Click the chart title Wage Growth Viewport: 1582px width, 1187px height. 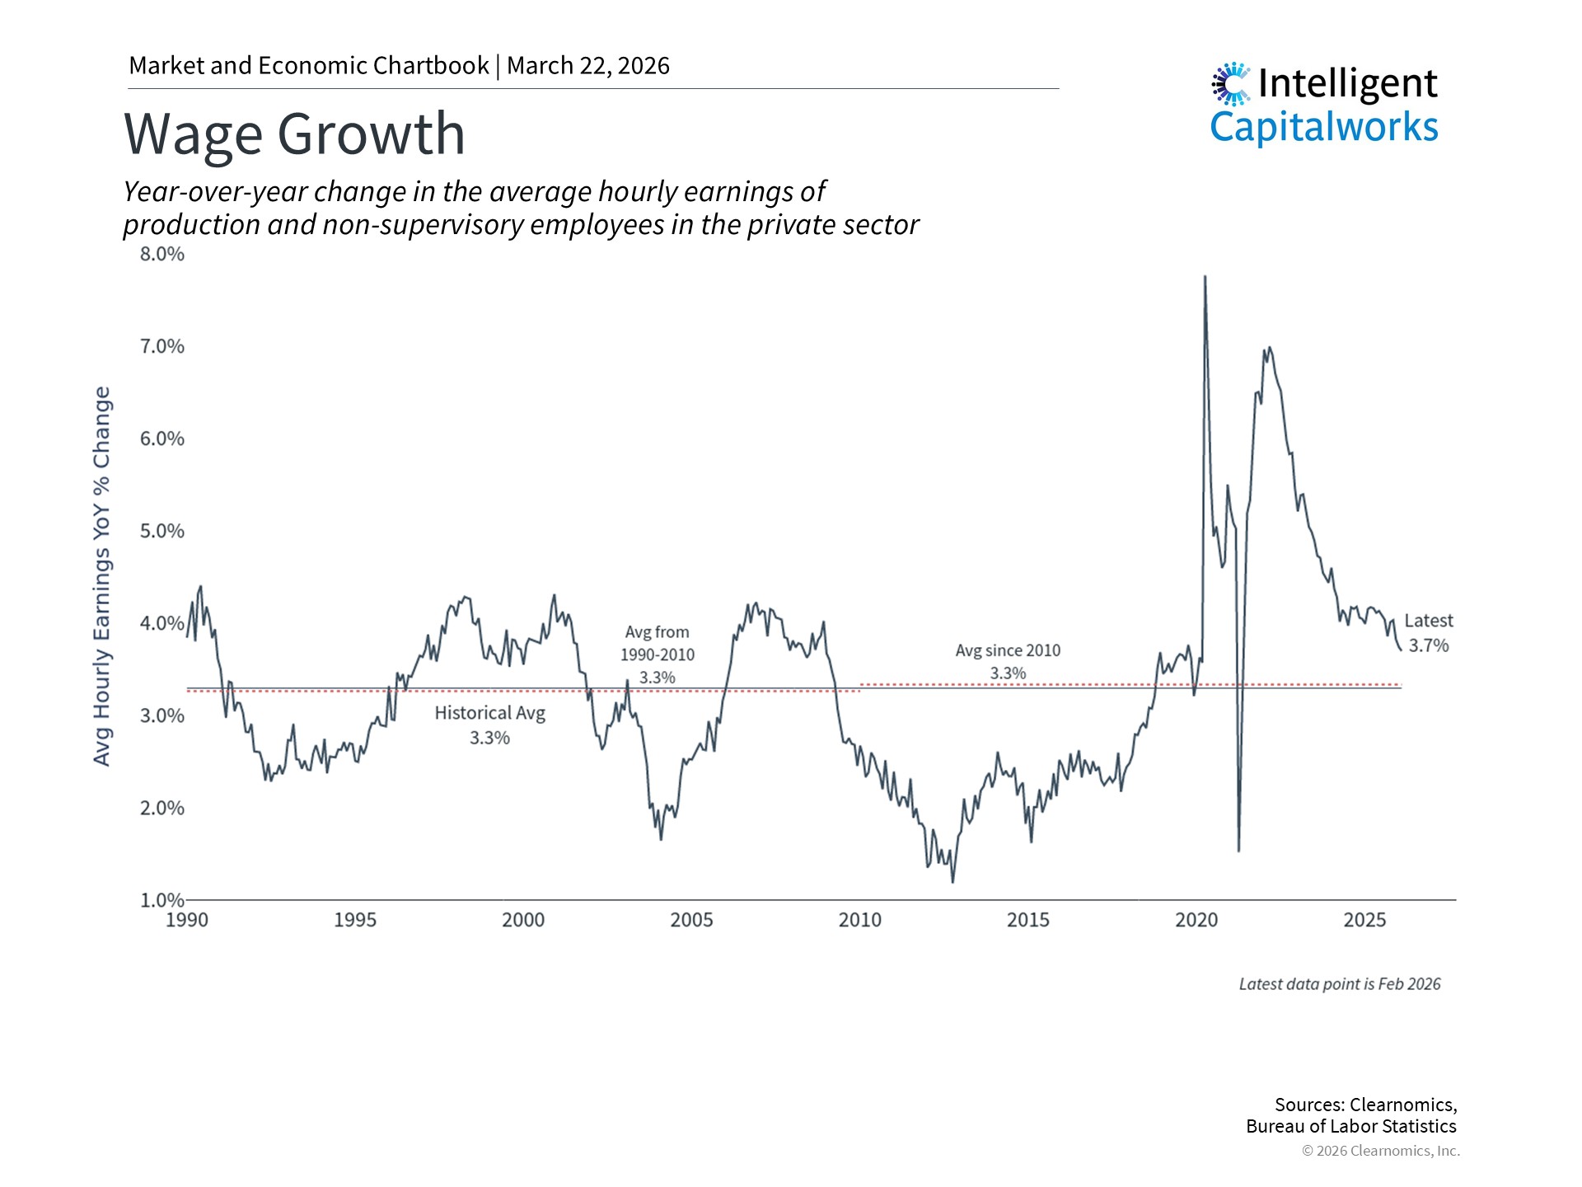pos(294,134)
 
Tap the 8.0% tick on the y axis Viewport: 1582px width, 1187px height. pos(161,254)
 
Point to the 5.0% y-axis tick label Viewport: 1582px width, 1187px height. pos(161,531)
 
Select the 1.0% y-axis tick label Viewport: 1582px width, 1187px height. pos(161,900)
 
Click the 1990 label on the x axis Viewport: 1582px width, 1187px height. pos(187,920)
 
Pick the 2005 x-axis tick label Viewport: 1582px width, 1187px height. pos(691,920)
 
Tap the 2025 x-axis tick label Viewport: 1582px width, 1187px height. pos(1364,920)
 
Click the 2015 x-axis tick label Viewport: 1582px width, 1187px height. pos(1028,920)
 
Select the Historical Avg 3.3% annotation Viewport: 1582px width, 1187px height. pos(490,725)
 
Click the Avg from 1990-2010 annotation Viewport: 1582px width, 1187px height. pos(658,654)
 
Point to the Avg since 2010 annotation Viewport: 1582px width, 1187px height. pos(1008,661)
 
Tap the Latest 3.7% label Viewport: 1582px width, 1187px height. pos(1428,633)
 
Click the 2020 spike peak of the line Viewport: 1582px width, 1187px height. pos(1205,277)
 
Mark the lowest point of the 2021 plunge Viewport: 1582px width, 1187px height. pos(1238,851)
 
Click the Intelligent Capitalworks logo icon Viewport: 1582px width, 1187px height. pos(1231,84)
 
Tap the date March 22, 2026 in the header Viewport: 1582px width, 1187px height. pos(588,66)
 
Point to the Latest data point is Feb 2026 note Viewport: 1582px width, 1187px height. pos(1340,984)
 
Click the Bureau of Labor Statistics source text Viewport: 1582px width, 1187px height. pos(1351,1127)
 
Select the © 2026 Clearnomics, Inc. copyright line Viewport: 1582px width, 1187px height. pos(1381,1151)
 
